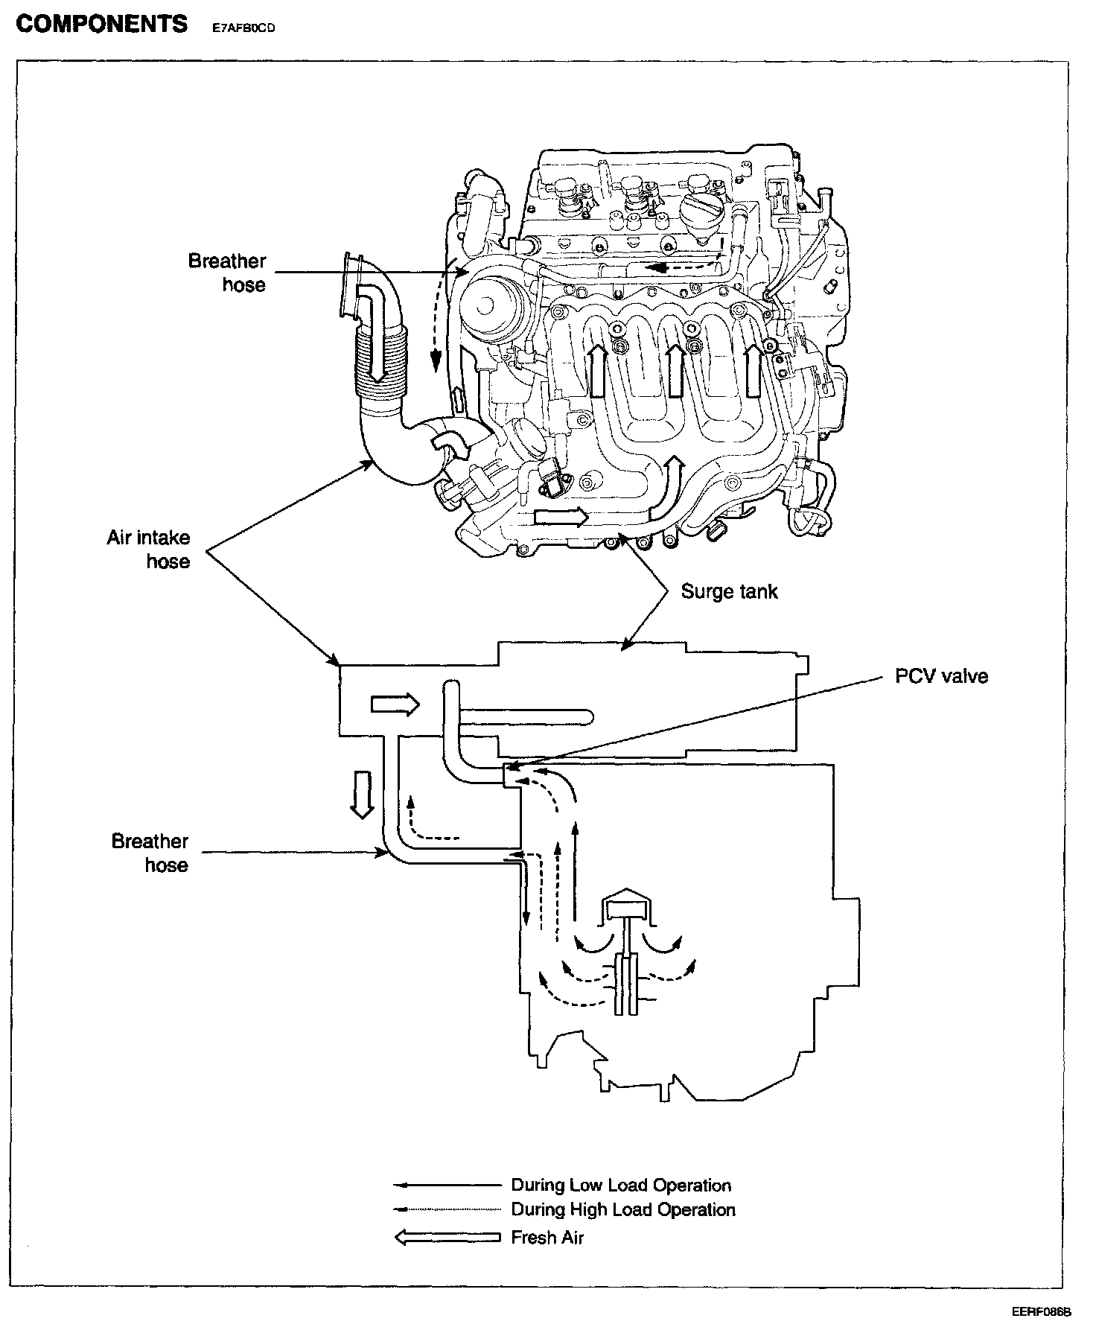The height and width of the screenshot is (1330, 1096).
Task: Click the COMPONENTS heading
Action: coord(101,25)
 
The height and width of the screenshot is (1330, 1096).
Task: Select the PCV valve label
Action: coord(942,676)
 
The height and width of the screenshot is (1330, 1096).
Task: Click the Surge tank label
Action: coord(729,592)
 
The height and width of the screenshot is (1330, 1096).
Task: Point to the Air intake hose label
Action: coord(148,549)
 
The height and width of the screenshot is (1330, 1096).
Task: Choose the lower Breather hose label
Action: coord(150,853)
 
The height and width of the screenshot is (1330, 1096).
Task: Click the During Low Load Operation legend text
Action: coord(620,1185)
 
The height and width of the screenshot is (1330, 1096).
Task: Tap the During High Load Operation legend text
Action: coord(622,1209)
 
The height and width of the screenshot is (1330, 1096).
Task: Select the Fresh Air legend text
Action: coord(547,1238)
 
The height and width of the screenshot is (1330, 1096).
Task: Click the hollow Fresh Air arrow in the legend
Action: coord(447,1238)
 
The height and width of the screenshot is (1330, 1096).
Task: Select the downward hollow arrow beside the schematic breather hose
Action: coord(363,795)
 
